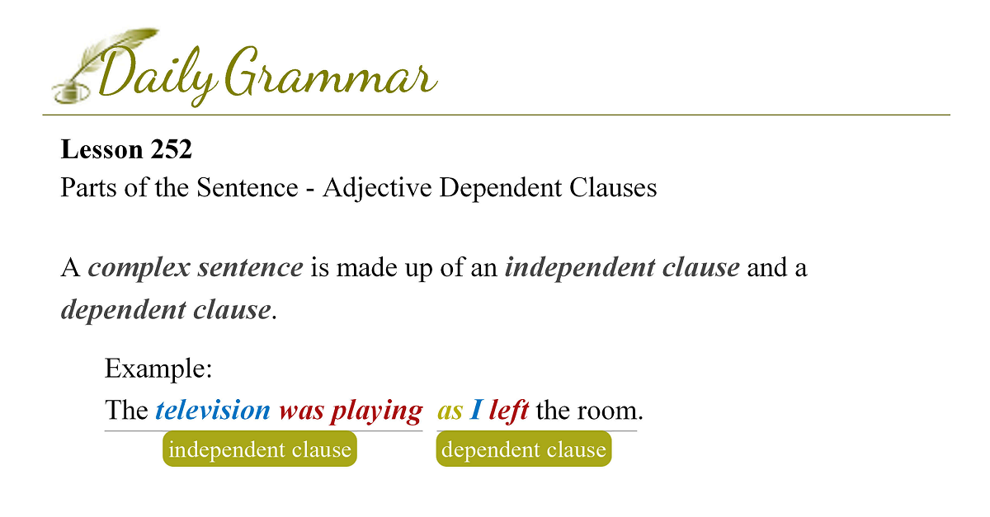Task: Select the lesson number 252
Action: (171, 149)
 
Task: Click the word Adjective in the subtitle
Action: (376, 187)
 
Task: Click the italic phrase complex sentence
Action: (196, 268)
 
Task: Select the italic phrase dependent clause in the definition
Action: (166, 309)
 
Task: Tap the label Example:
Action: (158, 369)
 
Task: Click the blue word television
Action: (213, 410)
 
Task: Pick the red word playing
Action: (377, 411)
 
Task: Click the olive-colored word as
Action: (450, 412)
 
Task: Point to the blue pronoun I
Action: (475, 410)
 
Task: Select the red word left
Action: (509, 410)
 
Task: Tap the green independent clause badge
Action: (260, 449)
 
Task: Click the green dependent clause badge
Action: (524, 449)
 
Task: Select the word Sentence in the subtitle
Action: (247, 187)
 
